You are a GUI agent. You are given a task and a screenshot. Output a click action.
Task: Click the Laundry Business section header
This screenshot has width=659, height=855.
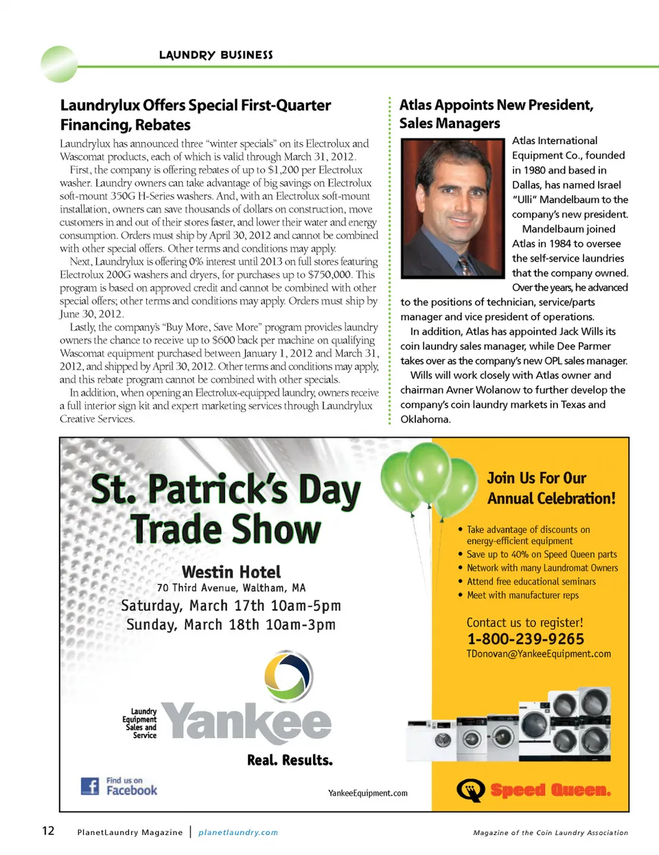[216, 55]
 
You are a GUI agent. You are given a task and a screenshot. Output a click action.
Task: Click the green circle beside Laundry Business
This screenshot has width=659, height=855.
[60, 64]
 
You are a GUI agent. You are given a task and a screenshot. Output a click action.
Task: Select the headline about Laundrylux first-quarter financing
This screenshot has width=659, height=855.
[196, 115]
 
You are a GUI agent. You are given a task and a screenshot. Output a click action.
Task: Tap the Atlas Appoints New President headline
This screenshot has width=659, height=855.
[496, 114]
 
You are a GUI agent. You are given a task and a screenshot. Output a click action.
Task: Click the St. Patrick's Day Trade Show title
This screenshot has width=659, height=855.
[226, 509]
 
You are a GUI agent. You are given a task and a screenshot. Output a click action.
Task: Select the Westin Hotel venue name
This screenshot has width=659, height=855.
[231, 572]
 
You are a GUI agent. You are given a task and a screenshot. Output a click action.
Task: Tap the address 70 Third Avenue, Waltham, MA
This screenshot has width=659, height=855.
[231, 588]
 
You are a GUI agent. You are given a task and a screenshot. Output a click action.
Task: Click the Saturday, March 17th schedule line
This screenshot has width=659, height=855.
[231, 606]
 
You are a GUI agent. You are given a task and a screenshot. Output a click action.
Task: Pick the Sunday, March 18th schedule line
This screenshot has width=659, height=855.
[231, 625]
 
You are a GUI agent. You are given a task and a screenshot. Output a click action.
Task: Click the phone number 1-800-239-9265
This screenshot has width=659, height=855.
[525, 639]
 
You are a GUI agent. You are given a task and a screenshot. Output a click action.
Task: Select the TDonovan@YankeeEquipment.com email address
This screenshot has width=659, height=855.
[538, 654]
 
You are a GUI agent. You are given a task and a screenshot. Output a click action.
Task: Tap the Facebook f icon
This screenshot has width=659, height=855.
[90, 786]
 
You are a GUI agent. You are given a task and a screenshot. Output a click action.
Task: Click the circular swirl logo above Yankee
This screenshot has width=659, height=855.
[289, 676]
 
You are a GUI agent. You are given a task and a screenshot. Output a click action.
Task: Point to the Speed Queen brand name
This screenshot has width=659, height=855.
[550, 790]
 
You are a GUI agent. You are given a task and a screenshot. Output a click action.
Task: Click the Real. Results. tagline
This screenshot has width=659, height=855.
[290, 760]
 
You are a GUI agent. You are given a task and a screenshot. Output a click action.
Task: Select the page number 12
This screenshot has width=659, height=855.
[48, 831]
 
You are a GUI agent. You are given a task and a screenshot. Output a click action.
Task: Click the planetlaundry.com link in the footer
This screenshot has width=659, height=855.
[238, 832]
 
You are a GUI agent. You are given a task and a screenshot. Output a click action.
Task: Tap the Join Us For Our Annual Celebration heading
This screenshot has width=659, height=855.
[551, 488]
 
